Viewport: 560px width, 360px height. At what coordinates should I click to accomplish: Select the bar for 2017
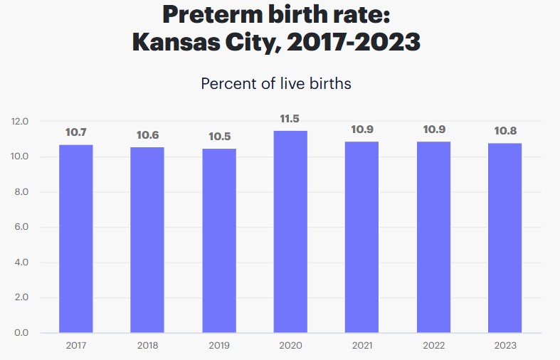click(x=75, y=238)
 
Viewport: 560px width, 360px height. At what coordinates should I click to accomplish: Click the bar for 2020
click(x=290, y=231)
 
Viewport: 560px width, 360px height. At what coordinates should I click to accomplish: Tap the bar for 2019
click(x=218, y=240)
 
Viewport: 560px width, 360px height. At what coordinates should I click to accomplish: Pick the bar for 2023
click(x=504, y=238)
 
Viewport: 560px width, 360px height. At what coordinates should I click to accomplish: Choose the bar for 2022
click(x=433, y=237)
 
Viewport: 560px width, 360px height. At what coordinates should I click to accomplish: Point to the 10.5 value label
click(x=218, y=137)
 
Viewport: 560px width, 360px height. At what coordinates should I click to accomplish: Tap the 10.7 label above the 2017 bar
click(x=75, y=132)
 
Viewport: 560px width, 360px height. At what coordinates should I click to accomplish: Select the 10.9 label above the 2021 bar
click(x=362, y=130)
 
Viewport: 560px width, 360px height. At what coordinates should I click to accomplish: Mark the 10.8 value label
click(x=504, y=132)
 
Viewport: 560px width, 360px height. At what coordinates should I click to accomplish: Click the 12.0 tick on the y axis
click(x=20, y=122)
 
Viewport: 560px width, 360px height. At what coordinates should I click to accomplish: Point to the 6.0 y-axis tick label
click(x=20, y=228)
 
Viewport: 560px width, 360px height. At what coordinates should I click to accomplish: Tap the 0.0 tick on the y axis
click(x=20, y=333)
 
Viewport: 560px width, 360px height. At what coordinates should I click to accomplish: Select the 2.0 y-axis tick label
click(x=20, y=298)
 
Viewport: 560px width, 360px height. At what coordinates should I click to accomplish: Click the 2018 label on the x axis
click(x=147, y=346)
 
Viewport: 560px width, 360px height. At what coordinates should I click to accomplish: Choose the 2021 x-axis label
click(x=362, y=346)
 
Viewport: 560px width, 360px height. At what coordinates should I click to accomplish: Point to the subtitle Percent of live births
click(x=276, y=83)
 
